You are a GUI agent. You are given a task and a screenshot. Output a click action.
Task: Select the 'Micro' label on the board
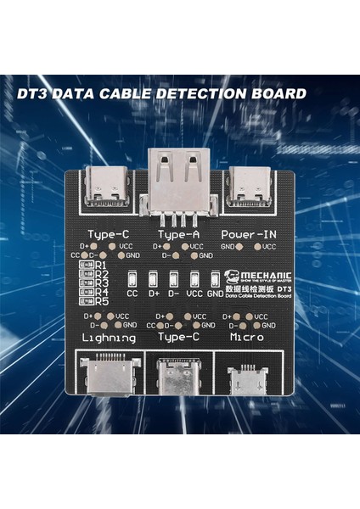248,338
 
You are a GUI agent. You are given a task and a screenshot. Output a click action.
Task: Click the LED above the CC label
132,279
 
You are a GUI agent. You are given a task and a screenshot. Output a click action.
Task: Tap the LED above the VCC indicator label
194,279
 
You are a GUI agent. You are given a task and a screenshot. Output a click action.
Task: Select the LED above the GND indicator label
215,279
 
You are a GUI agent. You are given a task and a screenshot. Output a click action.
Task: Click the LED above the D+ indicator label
153,279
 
